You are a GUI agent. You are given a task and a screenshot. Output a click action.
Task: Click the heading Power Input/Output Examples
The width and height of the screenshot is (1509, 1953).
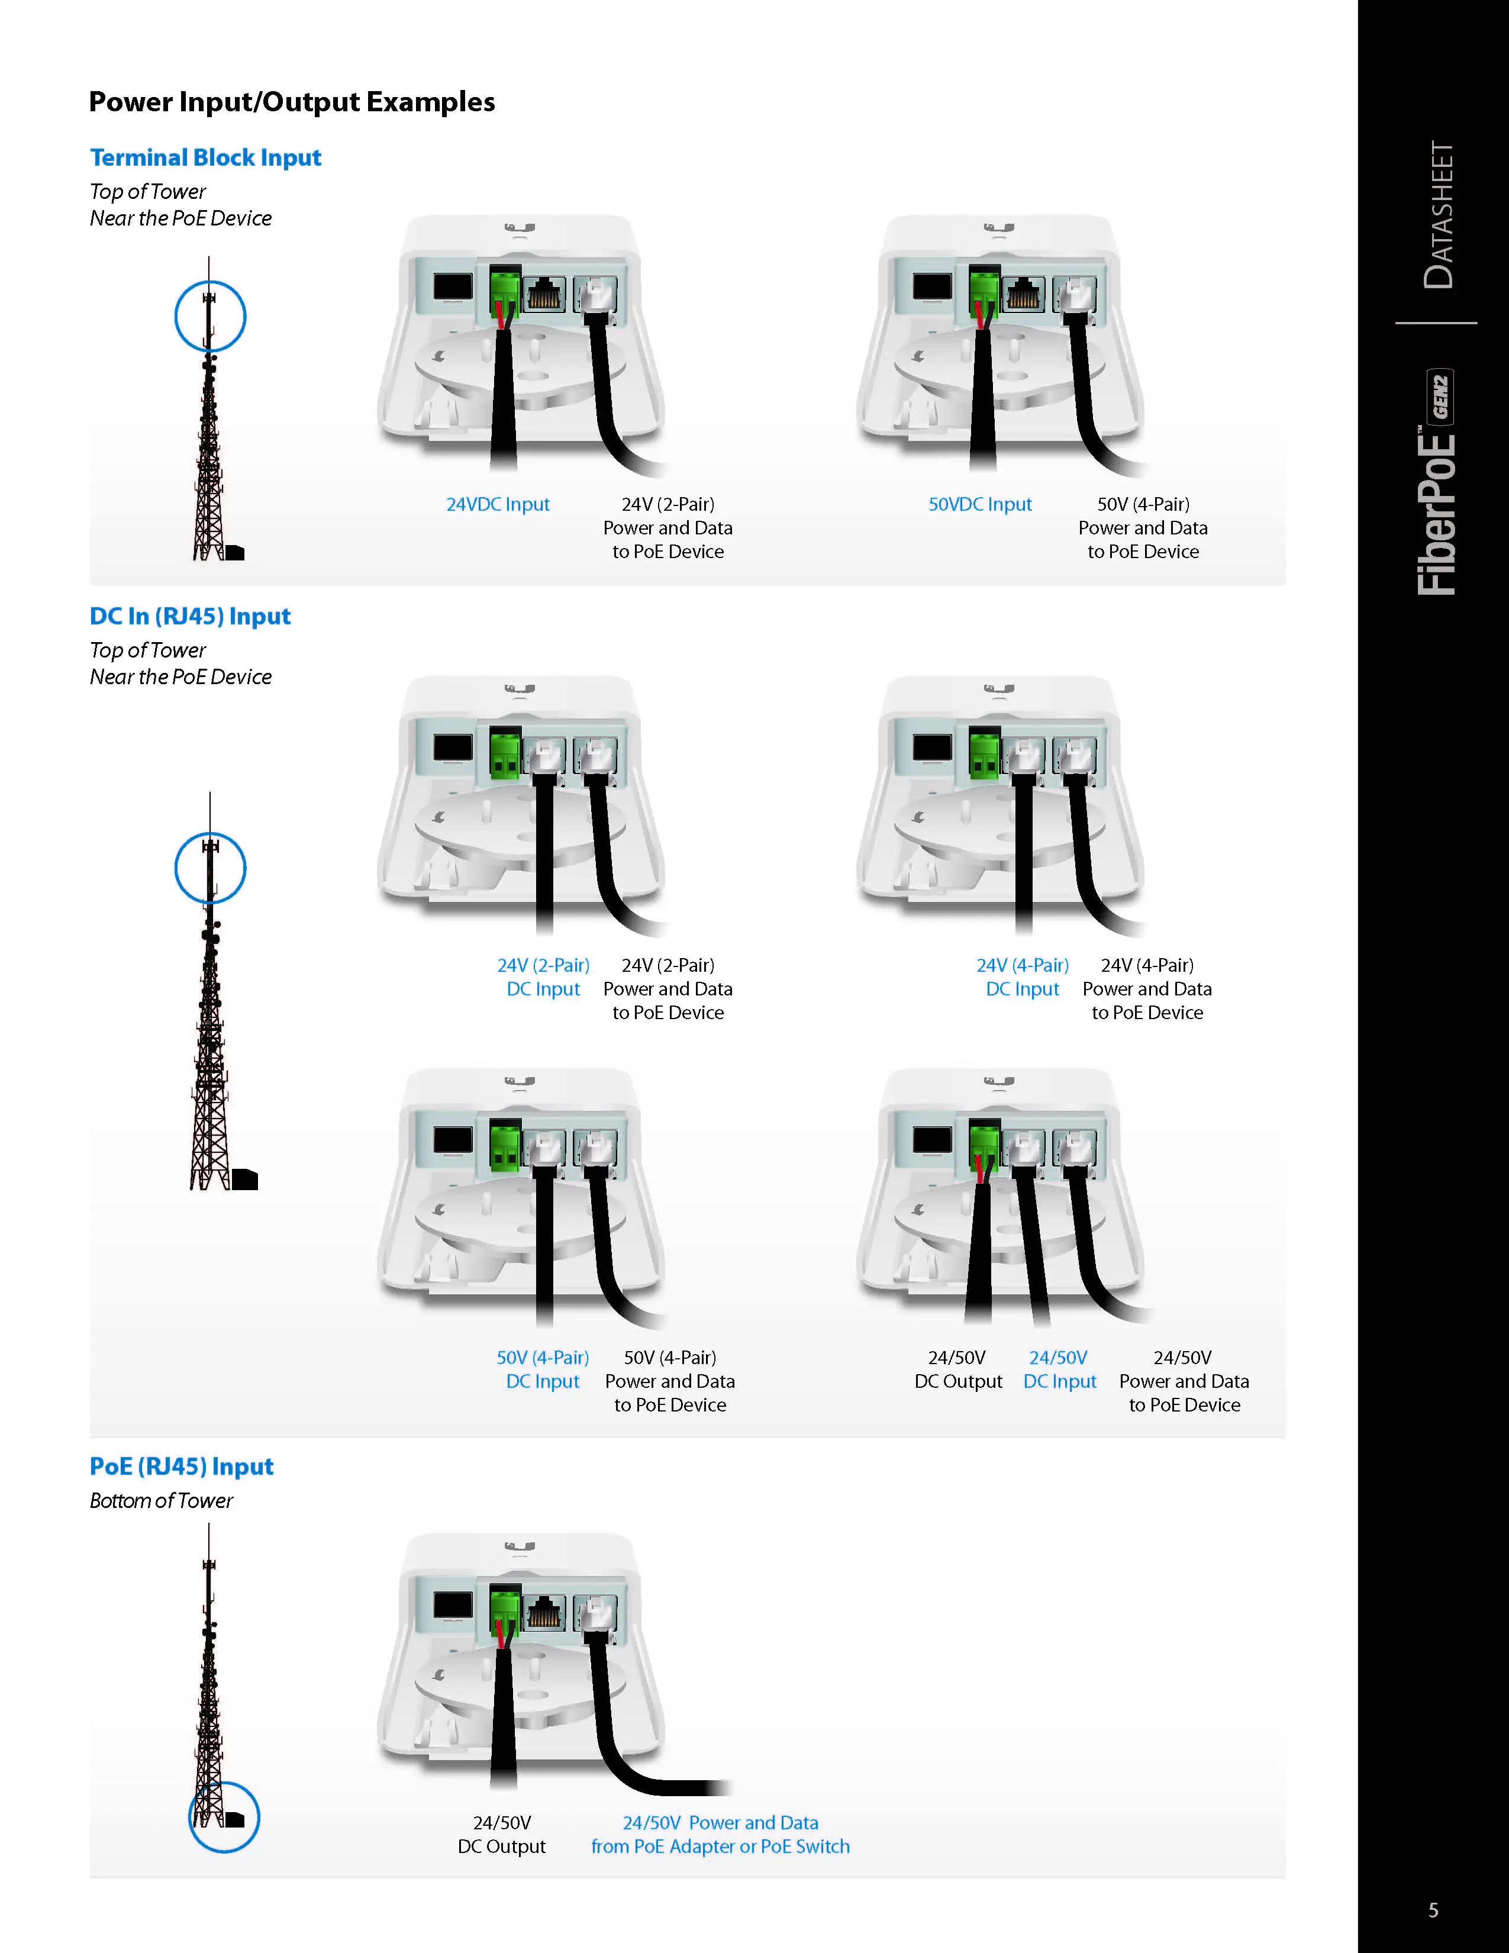[291, 102]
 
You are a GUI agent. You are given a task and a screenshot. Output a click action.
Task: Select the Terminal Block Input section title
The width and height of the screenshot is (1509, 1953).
[205, 157]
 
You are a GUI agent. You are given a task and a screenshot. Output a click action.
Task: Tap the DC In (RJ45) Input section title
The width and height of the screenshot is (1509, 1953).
[189, 616]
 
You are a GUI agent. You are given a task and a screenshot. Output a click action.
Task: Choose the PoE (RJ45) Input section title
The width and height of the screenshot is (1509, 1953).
[182, 1467]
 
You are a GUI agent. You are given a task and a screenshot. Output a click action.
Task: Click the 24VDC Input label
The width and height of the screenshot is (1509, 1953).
[498, 504]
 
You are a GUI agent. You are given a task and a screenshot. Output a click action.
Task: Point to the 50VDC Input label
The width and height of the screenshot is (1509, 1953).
[980, 504]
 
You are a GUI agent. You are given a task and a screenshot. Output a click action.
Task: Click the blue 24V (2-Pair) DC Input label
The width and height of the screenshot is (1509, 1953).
[543, 976]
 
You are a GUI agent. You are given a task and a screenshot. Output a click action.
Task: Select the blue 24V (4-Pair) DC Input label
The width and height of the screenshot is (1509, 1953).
[1023, 976]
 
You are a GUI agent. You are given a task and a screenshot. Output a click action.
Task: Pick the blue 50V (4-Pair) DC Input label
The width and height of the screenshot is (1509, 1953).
[543, 1369]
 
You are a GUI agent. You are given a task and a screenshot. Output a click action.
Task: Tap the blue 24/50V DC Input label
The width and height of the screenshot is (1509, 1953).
[1059, 1369]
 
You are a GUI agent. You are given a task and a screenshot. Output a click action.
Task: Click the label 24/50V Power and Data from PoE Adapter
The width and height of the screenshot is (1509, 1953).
[721, 1834]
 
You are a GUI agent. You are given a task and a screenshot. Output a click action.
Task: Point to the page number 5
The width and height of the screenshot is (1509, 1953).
[1433, 1910]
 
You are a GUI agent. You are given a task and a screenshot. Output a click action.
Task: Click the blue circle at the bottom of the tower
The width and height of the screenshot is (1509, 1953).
[224, 1816]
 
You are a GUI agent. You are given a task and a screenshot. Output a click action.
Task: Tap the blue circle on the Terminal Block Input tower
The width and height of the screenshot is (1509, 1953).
[210, 317]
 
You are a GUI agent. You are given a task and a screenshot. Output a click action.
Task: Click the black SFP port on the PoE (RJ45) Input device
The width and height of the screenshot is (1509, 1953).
[452, 1604]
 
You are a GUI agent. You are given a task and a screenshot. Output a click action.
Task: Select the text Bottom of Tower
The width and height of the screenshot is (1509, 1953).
[161, 1500]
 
